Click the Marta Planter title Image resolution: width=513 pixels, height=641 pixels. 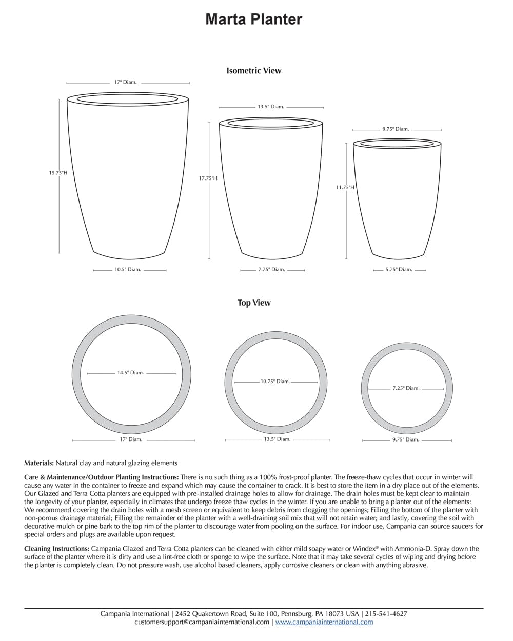(x=253, y=19)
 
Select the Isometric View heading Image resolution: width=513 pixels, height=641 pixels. (x=254, y=71)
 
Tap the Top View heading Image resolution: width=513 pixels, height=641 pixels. (x=254, y=303)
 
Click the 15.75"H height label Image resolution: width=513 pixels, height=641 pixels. (x=58, y=173)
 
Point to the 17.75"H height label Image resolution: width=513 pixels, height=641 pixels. (x=208, y=178)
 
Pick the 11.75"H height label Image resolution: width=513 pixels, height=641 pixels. (x=345, y=188)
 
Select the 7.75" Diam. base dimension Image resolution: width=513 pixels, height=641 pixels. (x=271, y=270)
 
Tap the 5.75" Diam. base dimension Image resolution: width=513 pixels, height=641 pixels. (x=399, y=270)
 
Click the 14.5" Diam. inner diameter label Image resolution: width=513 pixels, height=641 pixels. (x=130, y=373)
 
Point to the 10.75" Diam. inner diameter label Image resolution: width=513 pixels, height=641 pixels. (x=275, y=382)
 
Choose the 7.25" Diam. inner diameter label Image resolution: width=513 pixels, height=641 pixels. (x=406, y=388)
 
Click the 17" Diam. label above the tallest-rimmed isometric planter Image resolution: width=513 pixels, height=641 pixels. (x=125, y=82)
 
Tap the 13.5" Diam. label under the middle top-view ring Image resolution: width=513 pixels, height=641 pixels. (x=277, y=439)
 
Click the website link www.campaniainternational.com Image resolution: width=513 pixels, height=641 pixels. (x=324, y=622)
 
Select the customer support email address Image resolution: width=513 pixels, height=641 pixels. (x=202, y=622)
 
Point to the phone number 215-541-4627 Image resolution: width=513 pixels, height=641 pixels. (x=387, y=613)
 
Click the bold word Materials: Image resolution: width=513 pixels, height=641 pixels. (x=39, y=463)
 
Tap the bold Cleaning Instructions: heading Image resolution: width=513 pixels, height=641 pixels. (x=56, y=548)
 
